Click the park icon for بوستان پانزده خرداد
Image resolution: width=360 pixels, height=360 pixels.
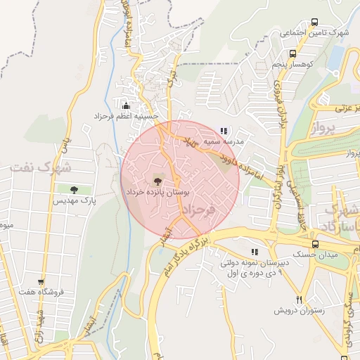click(156, 181)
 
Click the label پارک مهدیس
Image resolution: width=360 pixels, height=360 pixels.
click(73, 200)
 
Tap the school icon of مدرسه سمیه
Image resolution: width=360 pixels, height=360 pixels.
click(224, 131)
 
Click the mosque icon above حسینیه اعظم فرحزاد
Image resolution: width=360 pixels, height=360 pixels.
click(126, 105)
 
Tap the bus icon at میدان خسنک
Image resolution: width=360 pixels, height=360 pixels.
click(314, 244)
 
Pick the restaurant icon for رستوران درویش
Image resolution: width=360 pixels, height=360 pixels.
click(299, 300)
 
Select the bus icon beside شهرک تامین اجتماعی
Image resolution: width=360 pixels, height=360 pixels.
click(314, 22)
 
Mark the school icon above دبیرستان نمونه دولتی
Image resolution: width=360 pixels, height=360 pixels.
click(254, 252)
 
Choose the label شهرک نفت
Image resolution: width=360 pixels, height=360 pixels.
click(40, 168)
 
